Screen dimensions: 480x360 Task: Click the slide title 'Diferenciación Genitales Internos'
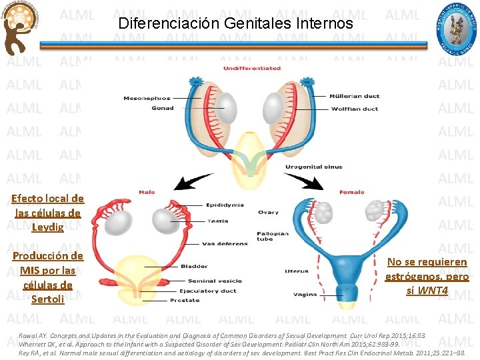[235, 23]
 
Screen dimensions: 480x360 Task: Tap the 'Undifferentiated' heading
[251, 68]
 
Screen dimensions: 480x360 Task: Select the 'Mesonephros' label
[147, 99]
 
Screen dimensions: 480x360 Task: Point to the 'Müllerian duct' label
[355, 97]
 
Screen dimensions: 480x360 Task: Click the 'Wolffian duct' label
[354, 109]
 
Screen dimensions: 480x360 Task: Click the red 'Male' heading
[147, 192]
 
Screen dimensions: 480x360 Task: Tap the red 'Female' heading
[352, 192]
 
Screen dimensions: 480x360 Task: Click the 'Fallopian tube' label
[265, 236]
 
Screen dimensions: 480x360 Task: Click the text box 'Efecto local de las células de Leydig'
[47, 213]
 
